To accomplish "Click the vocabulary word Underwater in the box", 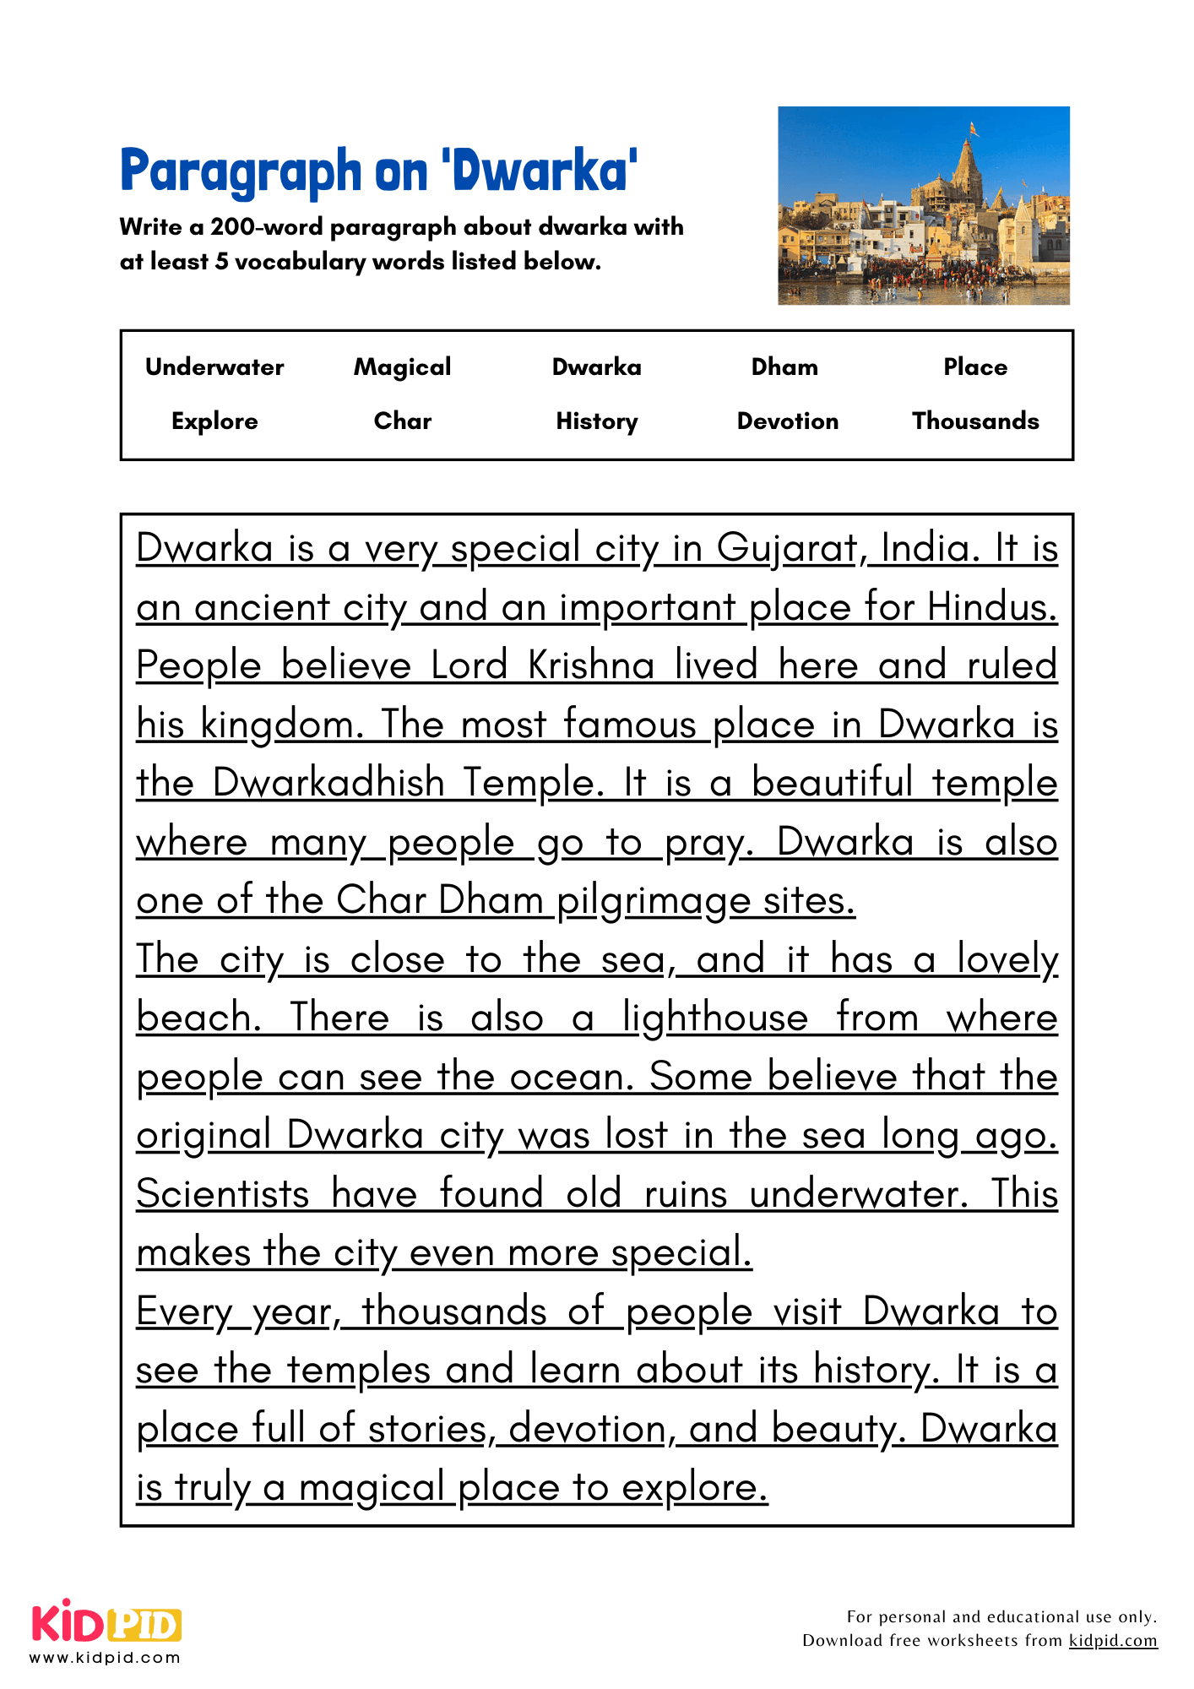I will coord(214,367).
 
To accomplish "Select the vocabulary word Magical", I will coord(402,367).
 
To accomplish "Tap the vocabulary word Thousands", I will coord(975,421).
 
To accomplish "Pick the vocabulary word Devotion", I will coord(787,421).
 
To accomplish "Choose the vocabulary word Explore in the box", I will coord(214,421).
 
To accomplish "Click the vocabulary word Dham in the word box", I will coord(784,367).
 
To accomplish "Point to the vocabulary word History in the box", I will coord(596,421).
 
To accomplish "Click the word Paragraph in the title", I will coord(241,172).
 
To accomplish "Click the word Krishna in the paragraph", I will coord(591,666).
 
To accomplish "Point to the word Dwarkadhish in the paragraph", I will coord(328,783).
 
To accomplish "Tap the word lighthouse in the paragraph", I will coord(714,1018).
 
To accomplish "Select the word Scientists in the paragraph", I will coord(223,1194).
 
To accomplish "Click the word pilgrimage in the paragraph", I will coord(653,902).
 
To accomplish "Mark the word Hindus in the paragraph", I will coord(991,607).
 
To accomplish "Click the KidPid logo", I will coord(106,1622).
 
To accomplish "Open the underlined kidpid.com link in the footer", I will coord(1112,1640).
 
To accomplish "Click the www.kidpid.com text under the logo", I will coord(105,1658).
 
